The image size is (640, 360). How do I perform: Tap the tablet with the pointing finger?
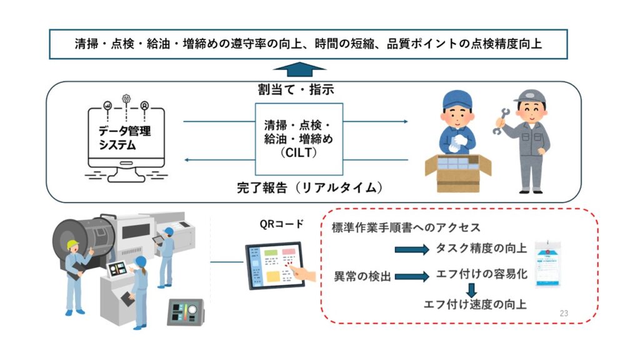coord(275,267)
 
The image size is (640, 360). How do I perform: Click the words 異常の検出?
coord(362,276)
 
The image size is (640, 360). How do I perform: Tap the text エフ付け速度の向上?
coord(475,304)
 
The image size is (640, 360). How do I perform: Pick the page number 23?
coord(564,313)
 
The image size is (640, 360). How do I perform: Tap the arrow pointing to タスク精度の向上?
coord(411,250)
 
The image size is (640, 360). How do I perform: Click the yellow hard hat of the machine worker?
coord(73,244)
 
